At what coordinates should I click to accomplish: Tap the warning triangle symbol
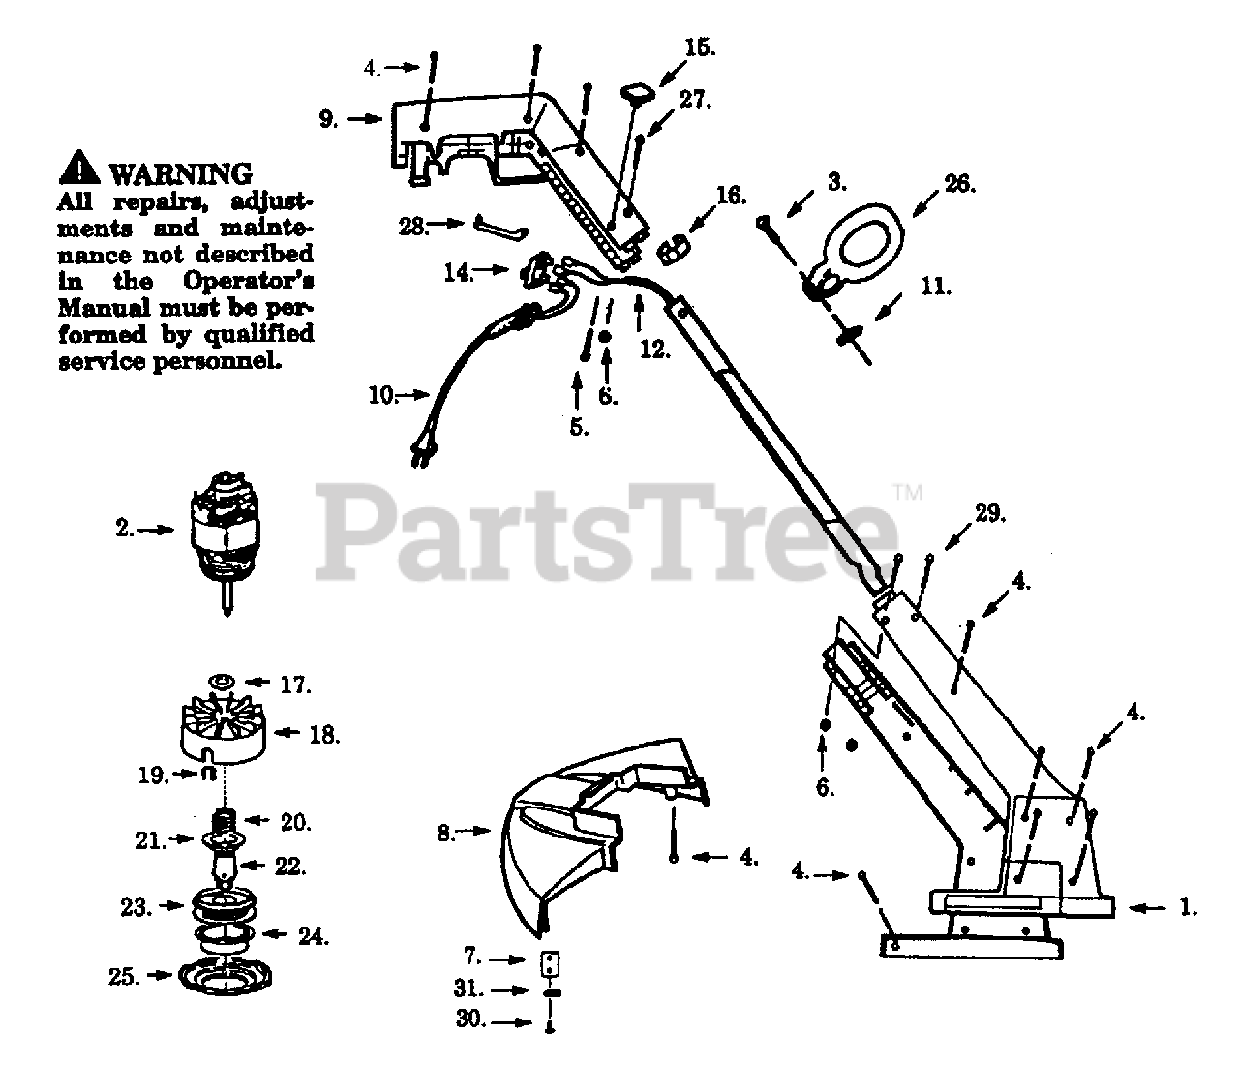(x=79, y=167)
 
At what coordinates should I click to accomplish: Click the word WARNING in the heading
(x=180, y=174)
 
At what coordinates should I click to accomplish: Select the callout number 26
(x=959, y=184)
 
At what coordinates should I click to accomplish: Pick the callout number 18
(x=324, y=735)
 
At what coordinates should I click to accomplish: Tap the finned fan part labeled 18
(x=223, y=730)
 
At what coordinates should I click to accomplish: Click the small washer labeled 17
(x=222, y=683)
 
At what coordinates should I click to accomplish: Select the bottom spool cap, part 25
(x=225, y=977)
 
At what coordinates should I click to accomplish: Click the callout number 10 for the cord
(x=381, y=396)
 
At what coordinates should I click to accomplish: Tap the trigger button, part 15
(x=638, y=94)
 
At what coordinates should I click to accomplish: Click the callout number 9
(x=328, y=119)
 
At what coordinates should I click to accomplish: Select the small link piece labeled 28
(x=501, y=228)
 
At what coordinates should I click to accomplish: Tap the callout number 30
(x=470, y=1019)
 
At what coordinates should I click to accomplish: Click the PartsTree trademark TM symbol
(x=908, y=493)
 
